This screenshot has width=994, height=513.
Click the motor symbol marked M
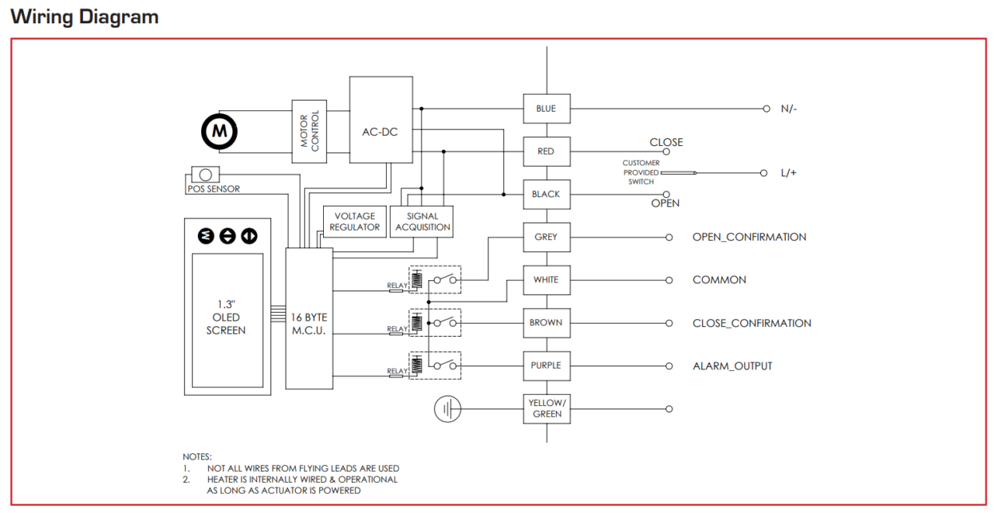220,132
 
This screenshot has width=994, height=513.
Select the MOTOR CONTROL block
310,131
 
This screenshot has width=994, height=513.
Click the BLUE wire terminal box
546,109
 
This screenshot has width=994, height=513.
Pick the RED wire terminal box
546,151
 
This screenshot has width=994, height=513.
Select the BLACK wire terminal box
546,194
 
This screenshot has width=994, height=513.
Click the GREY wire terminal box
546,237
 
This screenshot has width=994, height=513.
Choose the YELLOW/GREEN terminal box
546,409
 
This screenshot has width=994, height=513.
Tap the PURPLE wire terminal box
546,366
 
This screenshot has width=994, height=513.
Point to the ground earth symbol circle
448,409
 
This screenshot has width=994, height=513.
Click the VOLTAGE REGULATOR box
355,221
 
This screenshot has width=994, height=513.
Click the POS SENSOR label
214,189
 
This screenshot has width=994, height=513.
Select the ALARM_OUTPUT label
732,366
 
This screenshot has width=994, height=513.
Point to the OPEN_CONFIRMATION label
749,237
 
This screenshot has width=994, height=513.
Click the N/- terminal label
789,109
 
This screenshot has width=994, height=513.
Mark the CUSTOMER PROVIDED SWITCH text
641,172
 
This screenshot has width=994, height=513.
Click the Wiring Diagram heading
85,17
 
